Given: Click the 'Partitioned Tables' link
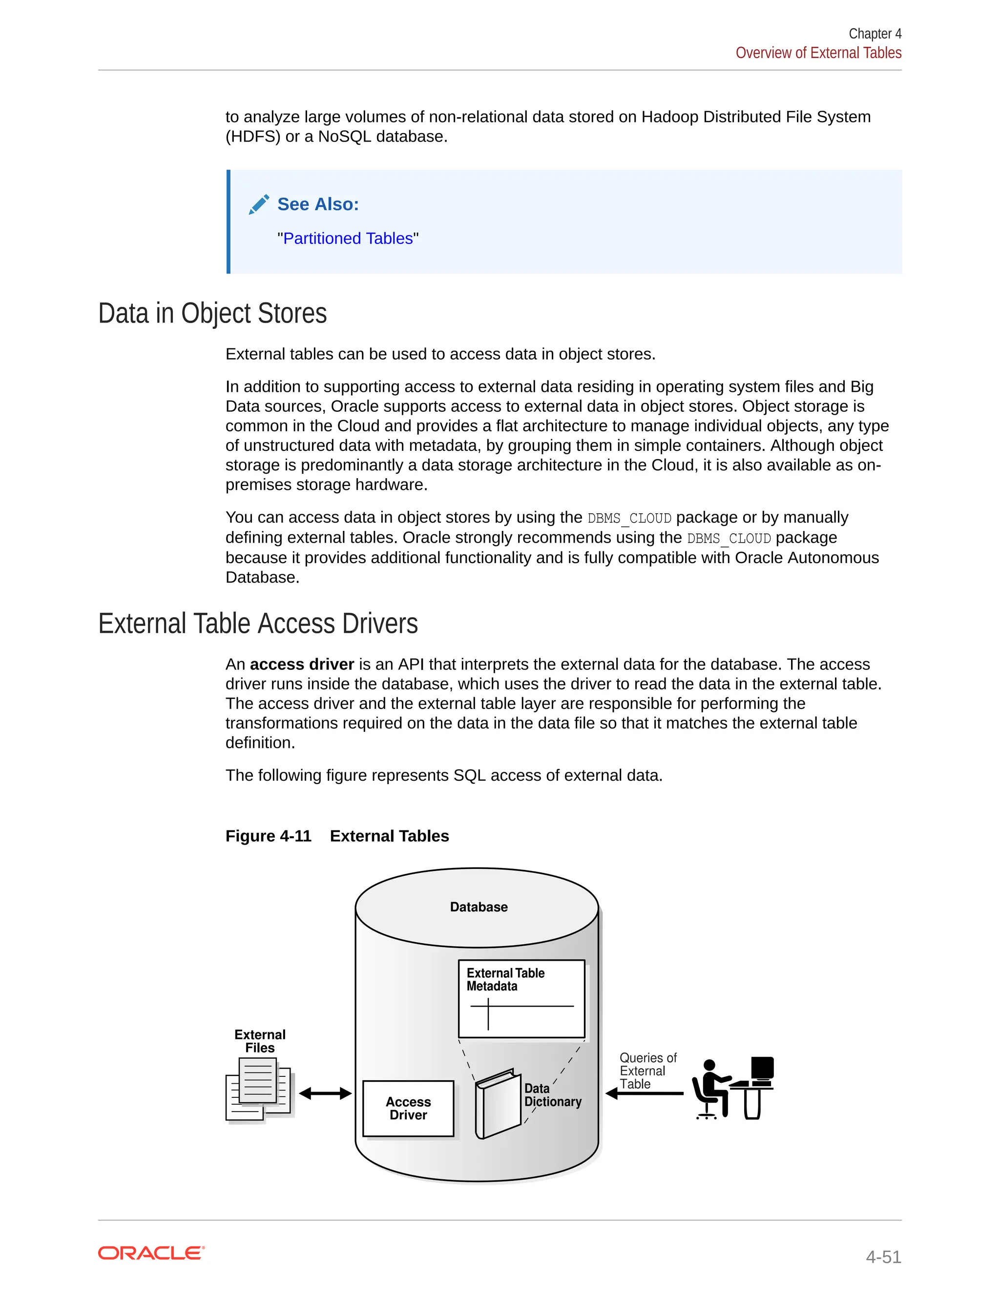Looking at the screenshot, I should coord(348,238).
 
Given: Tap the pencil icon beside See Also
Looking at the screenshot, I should coord(259,204).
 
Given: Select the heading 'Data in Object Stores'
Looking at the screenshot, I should coord(212,313).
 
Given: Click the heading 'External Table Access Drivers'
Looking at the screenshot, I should coord(258,624).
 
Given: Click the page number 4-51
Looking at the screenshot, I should coord(883,1256).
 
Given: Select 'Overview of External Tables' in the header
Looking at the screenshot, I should coord(818,53).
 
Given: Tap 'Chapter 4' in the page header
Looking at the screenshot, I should coord(875,34).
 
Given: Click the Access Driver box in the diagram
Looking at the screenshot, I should coord(408,1108).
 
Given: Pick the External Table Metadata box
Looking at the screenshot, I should coord(521,999).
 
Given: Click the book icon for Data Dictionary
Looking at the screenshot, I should coord(498,1104).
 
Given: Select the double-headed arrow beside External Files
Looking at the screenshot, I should coord(325,1093).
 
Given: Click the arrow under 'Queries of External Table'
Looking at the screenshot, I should coord(645,1093).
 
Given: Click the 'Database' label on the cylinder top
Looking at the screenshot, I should coord(479,907).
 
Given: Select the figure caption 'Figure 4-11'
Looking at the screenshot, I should coord(269,836).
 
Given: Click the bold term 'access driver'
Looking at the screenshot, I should coord(302,664).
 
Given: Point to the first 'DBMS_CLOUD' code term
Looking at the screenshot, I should coord(629,518).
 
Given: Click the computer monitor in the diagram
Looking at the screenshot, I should coord(762,1068).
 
